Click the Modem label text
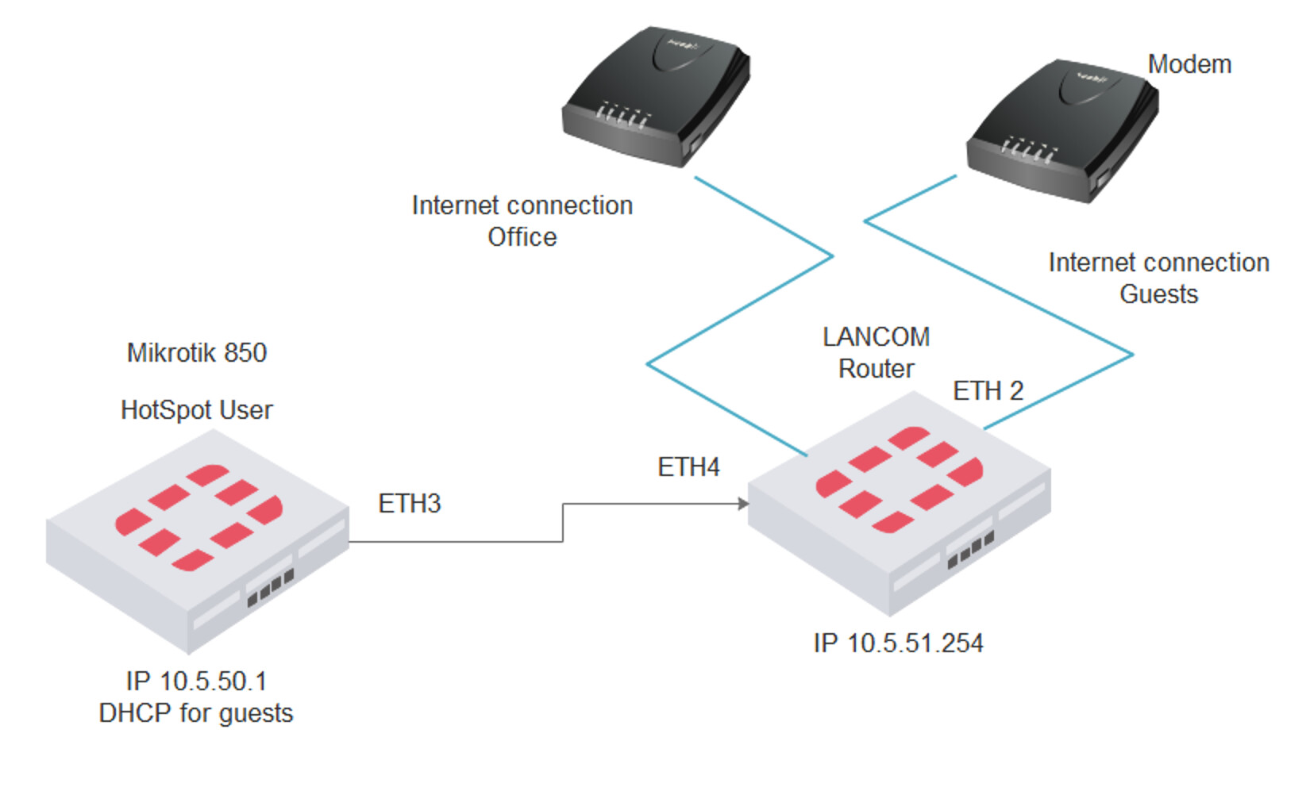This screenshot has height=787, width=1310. click(1189, 64)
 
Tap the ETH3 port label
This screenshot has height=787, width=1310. click(409, 504)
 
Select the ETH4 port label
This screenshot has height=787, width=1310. click(688, 467)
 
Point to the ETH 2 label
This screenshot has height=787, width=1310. click(988, 391)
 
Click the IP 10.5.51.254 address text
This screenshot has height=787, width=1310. click(898, 643)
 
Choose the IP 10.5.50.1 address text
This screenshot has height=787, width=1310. click(196, 681)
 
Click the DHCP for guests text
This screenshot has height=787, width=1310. click(196, 713)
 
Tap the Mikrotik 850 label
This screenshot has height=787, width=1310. click(197, 353)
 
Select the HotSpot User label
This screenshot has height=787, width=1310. click(197, 410)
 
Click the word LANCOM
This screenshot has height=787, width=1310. click(876, 337)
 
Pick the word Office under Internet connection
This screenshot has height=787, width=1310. click(522, 237)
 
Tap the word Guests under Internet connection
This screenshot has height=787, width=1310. click(1158, 294)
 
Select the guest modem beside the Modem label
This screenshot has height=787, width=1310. click(1062, 131)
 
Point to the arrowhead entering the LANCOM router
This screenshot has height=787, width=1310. click(743, 504)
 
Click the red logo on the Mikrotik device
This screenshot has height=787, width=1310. click(198, 517)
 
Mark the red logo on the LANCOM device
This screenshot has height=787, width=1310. click(900, 479)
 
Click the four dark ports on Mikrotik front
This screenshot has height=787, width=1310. click(270, 587)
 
